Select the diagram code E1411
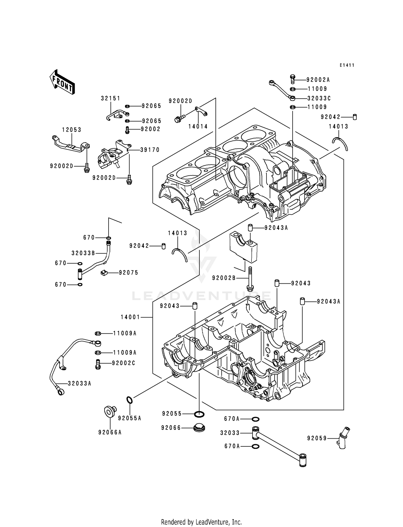pos(347,65)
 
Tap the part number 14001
pos(130,317)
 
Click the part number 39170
pos(150,150)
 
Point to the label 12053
pos(72,130)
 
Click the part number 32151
pos(111,98)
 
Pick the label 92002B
pos(224,278)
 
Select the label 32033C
pos(319,98)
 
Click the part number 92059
pos(317,438)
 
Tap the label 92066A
pos(110,432)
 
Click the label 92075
pos(129,273)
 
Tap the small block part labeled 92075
pos(104,273)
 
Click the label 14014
pos(198,127)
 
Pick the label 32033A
pos(80,384)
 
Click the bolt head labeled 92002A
pos(293,78)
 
